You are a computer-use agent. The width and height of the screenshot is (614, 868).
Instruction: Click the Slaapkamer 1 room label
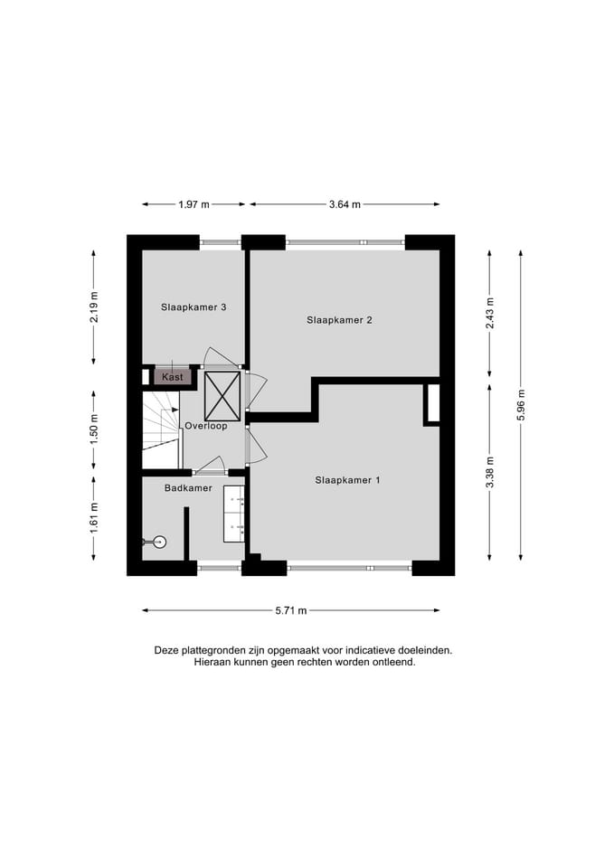347,480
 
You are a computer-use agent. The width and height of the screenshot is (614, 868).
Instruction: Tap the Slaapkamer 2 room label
339,320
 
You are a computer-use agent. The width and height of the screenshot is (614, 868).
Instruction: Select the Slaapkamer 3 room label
194,307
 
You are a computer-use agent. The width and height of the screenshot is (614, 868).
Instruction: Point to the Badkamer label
188,488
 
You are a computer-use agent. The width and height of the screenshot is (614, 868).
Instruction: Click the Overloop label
206,426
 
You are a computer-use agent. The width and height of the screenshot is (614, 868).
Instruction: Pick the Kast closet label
172,377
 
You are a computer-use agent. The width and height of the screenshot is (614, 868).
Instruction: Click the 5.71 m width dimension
291,611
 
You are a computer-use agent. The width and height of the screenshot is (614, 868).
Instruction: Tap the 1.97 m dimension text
193,205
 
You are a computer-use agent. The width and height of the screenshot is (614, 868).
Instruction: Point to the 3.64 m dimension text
345,205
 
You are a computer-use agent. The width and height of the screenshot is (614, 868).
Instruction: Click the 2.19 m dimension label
95,308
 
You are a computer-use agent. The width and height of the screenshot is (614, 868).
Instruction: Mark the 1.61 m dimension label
95,518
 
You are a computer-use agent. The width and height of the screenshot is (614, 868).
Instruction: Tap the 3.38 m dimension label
489,472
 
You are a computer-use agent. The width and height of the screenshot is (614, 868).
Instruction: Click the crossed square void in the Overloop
222,395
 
